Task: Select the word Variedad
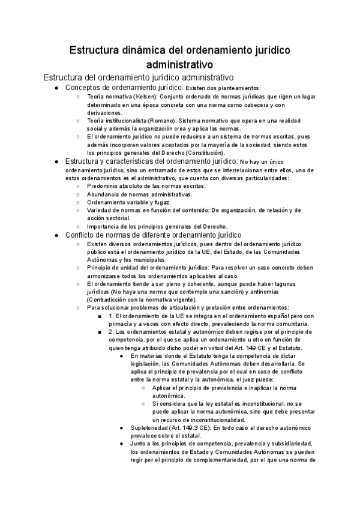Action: click(x=101, y=210)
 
